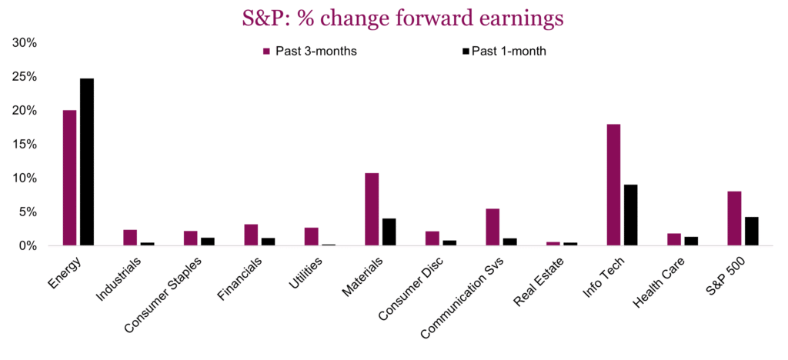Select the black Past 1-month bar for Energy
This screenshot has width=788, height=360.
(x=87, y=162)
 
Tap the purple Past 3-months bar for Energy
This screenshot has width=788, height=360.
(x=69, y=178)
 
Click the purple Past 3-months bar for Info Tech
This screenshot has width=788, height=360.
(x=613, y=185)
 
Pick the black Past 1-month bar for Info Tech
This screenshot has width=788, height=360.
(x=630, y=215)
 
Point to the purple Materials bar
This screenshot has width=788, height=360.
(x=372, y=209)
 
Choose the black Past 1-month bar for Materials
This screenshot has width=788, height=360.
(x=389, y=232)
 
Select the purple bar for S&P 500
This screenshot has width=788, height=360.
(x=734, y=218)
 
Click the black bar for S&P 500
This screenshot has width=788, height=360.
(x=751, y=231)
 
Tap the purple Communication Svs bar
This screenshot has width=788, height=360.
(x=492, y=227)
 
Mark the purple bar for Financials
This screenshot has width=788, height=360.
(x=251, y=235)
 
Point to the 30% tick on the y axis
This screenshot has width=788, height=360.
(x=25, y=43)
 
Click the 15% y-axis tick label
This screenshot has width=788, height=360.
(x=25, y=145)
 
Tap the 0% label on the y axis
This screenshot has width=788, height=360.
(x=28, y=246)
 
